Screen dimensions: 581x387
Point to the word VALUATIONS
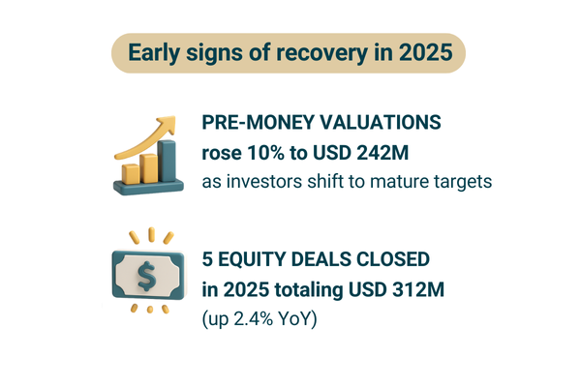378,122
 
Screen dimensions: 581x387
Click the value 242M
382,153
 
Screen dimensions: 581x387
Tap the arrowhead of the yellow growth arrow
168,124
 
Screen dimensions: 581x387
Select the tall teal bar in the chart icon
167,162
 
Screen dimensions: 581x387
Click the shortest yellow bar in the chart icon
131,174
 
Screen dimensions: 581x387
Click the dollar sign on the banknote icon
146,276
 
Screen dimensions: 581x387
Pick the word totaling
309,290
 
